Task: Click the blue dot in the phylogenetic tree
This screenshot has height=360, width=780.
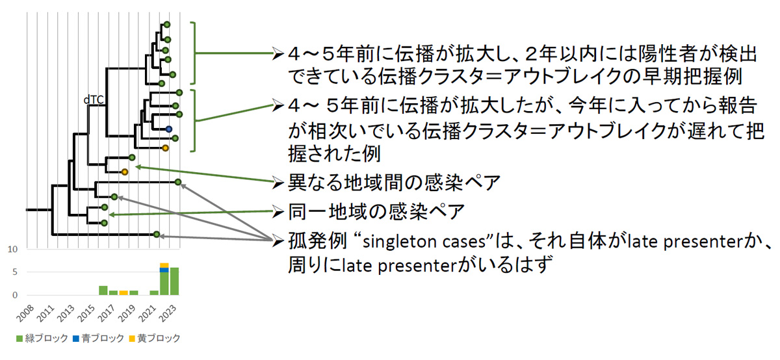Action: point(168,130)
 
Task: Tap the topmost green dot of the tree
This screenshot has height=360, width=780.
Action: point(166,24)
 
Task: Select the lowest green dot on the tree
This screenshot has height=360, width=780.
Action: point(157,234)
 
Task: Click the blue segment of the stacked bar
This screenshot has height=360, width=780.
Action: point(164,270)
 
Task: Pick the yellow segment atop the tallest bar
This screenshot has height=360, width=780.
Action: point(164,265)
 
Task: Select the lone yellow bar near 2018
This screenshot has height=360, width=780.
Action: point(123,292)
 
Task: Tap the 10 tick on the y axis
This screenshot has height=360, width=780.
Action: point(13,250)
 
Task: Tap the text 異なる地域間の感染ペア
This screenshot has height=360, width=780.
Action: point(394,183)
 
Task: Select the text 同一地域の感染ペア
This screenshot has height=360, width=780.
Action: point(377,211)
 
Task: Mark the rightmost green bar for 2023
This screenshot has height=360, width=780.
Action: point(174,281)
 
